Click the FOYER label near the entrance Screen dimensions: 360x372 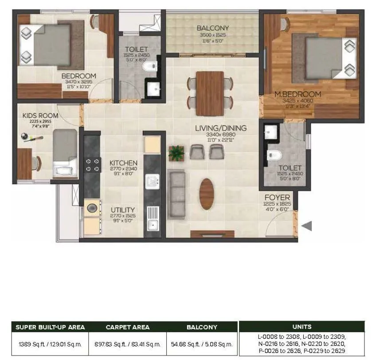point(277,197)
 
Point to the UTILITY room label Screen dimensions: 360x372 point(123,210)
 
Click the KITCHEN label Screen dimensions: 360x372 point(123,163)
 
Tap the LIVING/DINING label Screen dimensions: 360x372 point(220,128)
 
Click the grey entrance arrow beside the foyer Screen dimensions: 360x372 point(307,226)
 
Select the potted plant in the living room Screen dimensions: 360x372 point(176,153)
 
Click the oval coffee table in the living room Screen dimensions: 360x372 point(207,194)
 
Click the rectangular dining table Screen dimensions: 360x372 point(210,93)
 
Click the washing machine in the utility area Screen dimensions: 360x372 point(92,208)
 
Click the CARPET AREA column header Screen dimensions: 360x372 point(127,327)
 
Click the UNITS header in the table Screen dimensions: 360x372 point(302,326)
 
